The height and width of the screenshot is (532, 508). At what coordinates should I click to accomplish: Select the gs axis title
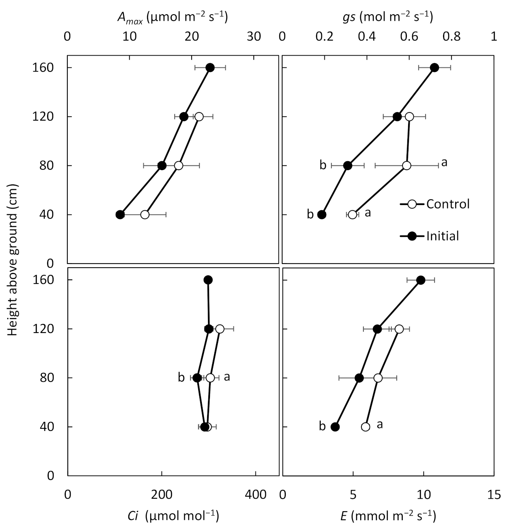[x=388, y=17]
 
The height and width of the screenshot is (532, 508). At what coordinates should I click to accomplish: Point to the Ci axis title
[x=173, y=516]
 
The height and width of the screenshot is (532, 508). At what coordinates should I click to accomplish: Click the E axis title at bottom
[x=388, y=516]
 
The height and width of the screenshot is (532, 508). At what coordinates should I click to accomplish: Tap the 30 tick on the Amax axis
[x=254, y=37]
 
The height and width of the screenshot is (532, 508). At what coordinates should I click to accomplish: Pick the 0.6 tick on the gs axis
[x=409, y=37]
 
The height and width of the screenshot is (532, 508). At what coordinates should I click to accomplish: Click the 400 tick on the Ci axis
[x=256, y=495]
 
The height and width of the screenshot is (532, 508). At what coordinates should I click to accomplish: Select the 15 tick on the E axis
[x=494, y=495]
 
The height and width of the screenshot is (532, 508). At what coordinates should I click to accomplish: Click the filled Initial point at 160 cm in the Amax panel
[x=210, y=67]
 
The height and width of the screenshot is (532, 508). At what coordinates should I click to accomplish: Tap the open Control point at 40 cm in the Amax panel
[x=145, y=214]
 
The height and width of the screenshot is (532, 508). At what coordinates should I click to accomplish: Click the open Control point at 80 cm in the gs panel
[x=406, y=166]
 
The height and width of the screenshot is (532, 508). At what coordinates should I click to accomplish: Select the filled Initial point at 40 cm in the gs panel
[x=322, y=214]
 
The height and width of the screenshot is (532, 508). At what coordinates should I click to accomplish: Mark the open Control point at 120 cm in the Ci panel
[x=220, y=329]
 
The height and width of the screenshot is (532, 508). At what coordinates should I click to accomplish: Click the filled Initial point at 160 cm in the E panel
[x=421, y=280]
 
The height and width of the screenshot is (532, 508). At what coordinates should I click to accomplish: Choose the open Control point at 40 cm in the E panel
[x=365, y=427]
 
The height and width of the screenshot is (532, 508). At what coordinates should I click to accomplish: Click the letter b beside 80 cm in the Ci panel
[x=181, y=378]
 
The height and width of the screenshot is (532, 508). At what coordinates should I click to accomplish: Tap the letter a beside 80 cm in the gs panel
[x=444, y=163]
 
